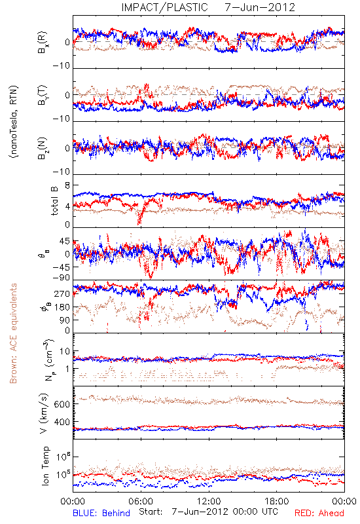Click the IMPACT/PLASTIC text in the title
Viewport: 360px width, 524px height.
(164, 7)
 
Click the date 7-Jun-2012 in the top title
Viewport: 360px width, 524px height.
(260, 7)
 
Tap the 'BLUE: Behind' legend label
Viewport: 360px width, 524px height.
(101, 513)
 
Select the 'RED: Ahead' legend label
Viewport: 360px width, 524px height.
(319, 513)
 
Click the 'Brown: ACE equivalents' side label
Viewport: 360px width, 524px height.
(13, 333)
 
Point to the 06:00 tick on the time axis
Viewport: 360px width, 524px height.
(141, 501)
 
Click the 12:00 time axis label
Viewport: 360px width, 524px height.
(209, 501)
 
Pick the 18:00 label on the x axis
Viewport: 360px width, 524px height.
(277, 501)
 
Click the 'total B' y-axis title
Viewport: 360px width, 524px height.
(54, 200)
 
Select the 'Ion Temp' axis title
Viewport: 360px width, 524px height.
(45, 466)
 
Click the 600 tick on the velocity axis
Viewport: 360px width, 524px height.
(62, 404)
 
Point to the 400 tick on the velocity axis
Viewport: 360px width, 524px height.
(62, 422)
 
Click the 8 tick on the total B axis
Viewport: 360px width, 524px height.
(67, 186)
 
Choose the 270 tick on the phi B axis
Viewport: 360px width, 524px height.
(62, 293)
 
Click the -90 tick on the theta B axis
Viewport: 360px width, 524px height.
(61, 278)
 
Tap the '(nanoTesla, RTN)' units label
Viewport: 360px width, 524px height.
(14, 122)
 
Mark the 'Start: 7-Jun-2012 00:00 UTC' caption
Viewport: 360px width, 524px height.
(209, 512)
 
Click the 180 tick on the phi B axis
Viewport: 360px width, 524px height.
(62, 307)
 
